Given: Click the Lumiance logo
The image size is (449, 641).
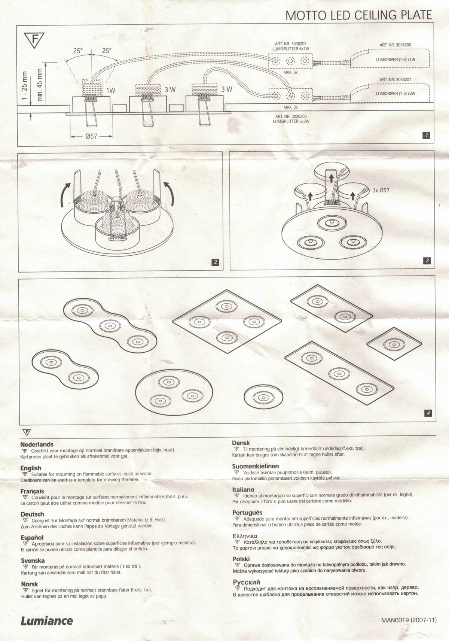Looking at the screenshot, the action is (x=47, y=620).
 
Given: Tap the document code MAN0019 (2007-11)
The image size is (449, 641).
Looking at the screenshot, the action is (x=409, y=620).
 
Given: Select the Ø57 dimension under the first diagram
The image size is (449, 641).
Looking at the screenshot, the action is (x=92, y=137).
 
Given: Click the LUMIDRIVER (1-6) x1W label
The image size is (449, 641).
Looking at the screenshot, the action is (x=395, y=60).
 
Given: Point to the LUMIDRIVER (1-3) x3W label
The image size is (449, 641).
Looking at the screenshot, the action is (x=395, y=93).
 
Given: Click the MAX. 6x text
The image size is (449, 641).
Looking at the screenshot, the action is (x=291, y=72).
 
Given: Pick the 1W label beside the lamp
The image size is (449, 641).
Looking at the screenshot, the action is (x=111, y=91).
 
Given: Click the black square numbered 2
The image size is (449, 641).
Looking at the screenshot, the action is (x=215, y=262).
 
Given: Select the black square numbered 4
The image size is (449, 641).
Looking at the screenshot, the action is (x=428, y=413).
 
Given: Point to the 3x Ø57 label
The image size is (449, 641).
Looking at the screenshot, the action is (x=381, y=190).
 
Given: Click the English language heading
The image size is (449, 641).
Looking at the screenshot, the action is (x=31, y=468).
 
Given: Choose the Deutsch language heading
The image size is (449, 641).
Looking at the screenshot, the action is (x=32, y=514).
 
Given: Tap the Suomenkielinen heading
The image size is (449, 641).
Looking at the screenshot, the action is (x=256, y=466).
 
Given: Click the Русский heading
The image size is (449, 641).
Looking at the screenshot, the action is (x=247, y=582).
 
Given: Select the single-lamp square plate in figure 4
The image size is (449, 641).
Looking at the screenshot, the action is (x=394, y=344).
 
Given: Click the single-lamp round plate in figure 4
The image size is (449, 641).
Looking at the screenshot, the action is (x=263, y=397).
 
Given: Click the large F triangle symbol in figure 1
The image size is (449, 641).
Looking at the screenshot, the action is (x=34, y=39).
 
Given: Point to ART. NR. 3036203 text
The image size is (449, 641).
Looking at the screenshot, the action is (x=291, y=116).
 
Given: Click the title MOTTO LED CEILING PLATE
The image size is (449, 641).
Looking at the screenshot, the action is (x=359, y=15).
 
